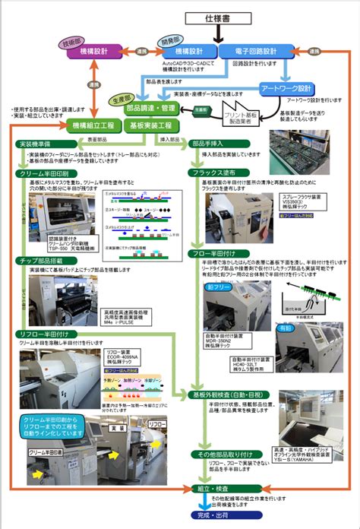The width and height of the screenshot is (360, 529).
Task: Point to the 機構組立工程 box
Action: pos(92,125)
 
